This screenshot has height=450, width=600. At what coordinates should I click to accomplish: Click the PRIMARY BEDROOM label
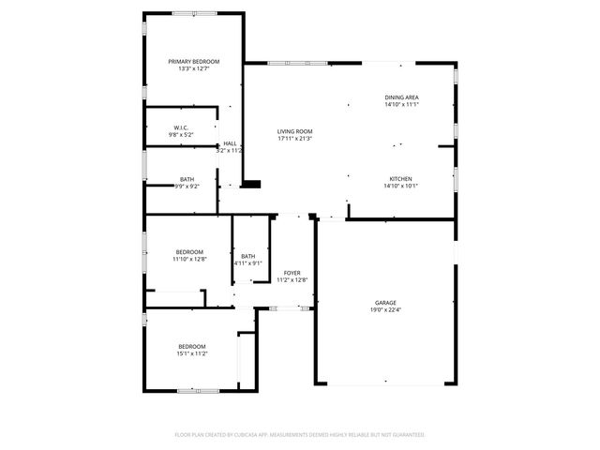click(193, 61)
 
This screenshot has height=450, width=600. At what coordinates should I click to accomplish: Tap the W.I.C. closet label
click(181, 127)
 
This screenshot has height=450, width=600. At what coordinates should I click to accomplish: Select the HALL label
click(230, 143)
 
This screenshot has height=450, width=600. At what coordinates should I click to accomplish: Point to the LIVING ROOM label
click(294, 131)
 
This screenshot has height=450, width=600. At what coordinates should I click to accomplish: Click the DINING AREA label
click(401, 97)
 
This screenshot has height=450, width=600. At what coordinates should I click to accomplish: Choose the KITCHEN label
click(401, 178)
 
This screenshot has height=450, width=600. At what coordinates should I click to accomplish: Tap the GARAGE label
click(385, 302)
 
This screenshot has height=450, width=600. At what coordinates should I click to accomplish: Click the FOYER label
click(292, 273)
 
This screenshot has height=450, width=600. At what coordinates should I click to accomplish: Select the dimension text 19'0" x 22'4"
click(385, 309)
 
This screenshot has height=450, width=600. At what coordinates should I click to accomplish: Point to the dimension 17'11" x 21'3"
click(294, 139)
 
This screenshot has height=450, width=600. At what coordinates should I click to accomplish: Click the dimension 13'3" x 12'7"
click(193, 68)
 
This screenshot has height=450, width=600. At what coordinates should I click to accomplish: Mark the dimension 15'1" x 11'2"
click(192, 353)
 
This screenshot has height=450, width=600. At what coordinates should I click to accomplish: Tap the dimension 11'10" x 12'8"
click(189, 259)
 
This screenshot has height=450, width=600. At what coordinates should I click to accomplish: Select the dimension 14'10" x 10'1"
click(401, 186)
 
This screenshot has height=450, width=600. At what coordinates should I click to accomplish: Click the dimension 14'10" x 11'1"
click(401, 105)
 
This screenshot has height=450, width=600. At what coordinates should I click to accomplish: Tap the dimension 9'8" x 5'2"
click(181, 135)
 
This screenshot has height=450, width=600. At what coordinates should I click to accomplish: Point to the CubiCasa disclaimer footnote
click(300, 435)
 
